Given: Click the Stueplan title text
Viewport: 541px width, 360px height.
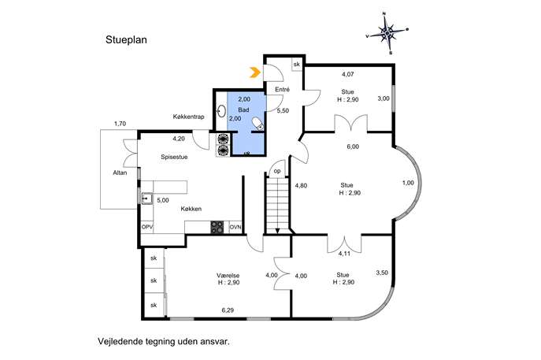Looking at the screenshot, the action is (x=126, y=40).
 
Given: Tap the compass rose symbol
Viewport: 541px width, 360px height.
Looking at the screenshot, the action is (x=387, y=33).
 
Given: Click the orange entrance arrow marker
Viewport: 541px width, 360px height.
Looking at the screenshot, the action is (x=254, y=72).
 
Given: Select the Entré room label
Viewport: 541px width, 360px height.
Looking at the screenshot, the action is (x=282, y=89).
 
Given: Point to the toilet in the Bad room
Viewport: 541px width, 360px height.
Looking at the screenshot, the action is (x=258, y=124).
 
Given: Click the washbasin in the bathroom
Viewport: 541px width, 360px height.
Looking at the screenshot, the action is (x=221, y=111).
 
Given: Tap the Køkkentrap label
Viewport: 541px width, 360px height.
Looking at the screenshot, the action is (x=188, y=117).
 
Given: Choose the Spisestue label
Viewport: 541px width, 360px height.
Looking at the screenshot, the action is (x=174, y=157).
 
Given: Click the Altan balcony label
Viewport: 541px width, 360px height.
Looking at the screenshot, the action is (x=120, y=173).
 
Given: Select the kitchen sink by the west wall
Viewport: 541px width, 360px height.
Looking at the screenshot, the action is (x=147, y=199).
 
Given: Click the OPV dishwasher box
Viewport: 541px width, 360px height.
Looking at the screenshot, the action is (x=147, y=227).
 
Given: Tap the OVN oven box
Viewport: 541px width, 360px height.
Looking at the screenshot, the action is (x=235, y=227).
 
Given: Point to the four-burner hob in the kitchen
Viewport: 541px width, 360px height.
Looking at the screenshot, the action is (x=217, y=227).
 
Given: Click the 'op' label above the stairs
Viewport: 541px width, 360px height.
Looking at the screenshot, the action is (x=277, y=171).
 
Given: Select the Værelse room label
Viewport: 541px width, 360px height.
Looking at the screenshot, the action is (x=228, y=276).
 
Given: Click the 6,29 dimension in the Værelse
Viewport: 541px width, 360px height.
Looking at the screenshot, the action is (x=228, y=310).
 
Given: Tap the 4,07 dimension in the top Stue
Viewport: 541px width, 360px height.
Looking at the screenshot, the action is (x=348, y=74).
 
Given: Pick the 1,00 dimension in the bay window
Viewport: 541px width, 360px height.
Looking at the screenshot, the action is (x=408, y=183).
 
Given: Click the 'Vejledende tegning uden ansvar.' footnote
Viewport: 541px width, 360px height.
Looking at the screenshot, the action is (x=164, y=342).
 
